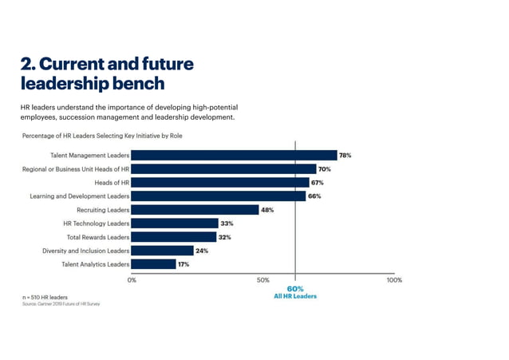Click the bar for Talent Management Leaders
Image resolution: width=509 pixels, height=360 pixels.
[234, 156]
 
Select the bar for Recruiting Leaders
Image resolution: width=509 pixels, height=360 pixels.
[195, 210]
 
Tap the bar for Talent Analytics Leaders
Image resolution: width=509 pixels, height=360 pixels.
[153, 264]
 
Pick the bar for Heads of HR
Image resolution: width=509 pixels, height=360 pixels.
[219, 183]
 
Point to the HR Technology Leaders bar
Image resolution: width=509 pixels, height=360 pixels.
[175, 224]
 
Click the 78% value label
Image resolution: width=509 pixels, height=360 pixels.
[345, 156]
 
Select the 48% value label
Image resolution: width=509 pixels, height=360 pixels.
[267, 210]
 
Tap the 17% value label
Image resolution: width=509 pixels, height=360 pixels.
[183, 264]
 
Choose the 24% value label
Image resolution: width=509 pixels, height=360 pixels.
[202, 251]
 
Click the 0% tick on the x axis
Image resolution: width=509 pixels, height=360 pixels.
[132, 280]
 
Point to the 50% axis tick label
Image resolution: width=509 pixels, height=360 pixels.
[262, 280]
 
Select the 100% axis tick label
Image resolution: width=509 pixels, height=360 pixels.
[394, 280]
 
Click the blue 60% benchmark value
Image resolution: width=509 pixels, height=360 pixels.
[295, 288]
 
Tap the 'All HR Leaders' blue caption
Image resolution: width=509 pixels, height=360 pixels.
[295, 296]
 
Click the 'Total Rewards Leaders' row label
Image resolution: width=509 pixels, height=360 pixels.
[96, 237]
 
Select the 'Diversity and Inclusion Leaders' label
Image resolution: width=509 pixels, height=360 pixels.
[86, 251]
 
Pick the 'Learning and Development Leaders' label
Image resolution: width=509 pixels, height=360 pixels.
[80, 196]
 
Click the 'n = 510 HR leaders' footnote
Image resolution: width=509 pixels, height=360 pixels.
[45, 297]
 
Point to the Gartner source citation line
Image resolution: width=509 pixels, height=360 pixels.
[61, 304]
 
